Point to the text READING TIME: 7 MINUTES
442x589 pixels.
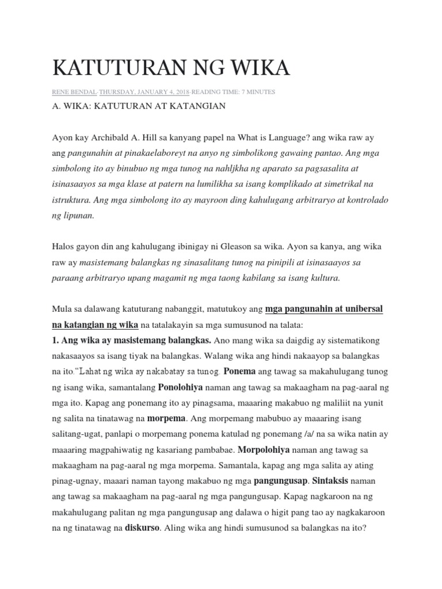(234, 92)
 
